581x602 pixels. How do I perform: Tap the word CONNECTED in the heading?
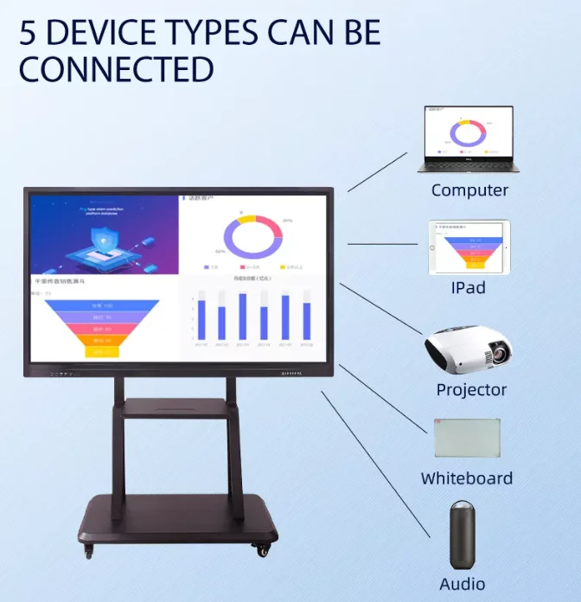[116, 70]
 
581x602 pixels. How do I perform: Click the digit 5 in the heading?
[29, 33]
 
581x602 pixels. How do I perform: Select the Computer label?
[469, 190]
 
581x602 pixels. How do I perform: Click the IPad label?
[468, 287]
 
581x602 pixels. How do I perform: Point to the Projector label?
[471, 389]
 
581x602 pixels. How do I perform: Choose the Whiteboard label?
[467, 478]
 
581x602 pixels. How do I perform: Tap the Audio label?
[462, 584]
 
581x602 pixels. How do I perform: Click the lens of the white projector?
[496, 355]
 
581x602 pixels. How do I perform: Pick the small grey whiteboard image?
[467, 438]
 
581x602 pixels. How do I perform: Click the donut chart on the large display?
[252, 237]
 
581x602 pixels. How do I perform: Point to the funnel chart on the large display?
[103, 324]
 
